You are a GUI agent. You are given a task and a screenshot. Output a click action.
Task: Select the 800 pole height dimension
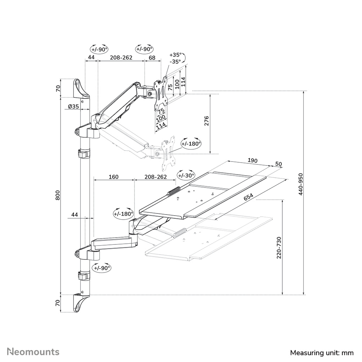(58, 196)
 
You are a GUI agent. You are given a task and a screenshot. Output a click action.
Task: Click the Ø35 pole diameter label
(73, 106)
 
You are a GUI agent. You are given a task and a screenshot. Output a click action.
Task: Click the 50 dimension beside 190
(278, 164)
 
